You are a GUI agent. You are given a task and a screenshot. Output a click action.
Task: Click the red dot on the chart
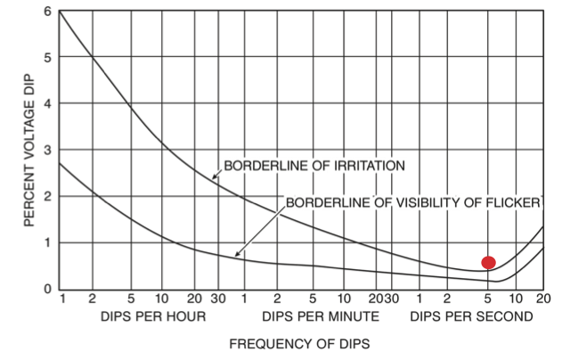(488, 262)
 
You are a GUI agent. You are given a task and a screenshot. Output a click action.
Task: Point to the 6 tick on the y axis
(47, 12)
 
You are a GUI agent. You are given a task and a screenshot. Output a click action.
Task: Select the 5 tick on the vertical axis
(47, 58)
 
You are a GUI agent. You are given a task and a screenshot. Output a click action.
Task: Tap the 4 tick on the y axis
(47, 104)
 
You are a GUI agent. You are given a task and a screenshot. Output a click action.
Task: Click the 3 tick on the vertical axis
(47, 151)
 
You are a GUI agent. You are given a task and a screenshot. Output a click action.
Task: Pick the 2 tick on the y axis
(47, 196)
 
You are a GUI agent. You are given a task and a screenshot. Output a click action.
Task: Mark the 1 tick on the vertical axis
(47, 242)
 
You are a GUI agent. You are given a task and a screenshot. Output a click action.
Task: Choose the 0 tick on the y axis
(47, 289)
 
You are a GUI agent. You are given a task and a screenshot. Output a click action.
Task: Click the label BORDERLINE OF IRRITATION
(313, 166)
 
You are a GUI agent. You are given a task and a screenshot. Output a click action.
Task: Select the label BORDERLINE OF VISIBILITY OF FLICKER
(411, 203)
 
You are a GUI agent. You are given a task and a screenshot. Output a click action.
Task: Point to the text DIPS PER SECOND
(471, 316)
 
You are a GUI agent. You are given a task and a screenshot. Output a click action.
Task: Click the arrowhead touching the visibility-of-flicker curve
(237, 256)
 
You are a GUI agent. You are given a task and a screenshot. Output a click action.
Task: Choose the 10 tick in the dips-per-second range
(517, 299)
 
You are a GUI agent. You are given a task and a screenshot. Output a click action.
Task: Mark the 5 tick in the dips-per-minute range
(313, 299)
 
